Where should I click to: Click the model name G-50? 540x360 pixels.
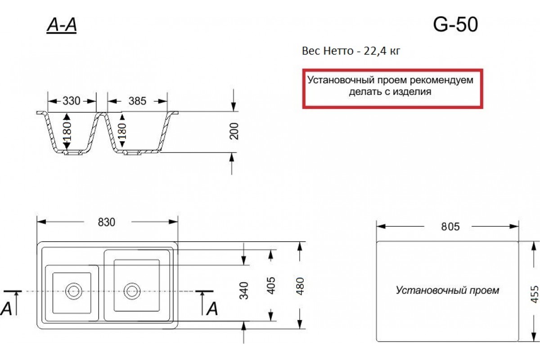coord(455,25)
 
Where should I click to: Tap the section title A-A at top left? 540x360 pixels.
coord(62,25)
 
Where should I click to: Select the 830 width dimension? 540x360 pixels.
coord(107,222)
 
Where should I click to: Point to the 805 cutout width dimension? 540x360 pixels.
coord(450,227)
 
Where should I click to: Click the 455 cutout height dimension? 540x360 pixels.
coord(535,294)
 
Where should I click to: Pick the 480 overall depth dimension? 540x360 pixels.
coord(300,286)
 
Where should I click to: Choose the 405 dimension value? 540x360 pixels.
coord(271,286)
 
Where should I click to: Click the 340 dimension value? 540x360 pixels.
coord(244,291)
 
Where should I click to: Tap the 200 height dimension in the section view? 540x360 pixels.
coord(234,131)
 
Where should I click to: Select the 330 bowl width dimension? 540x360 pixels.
coord(72,101)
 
